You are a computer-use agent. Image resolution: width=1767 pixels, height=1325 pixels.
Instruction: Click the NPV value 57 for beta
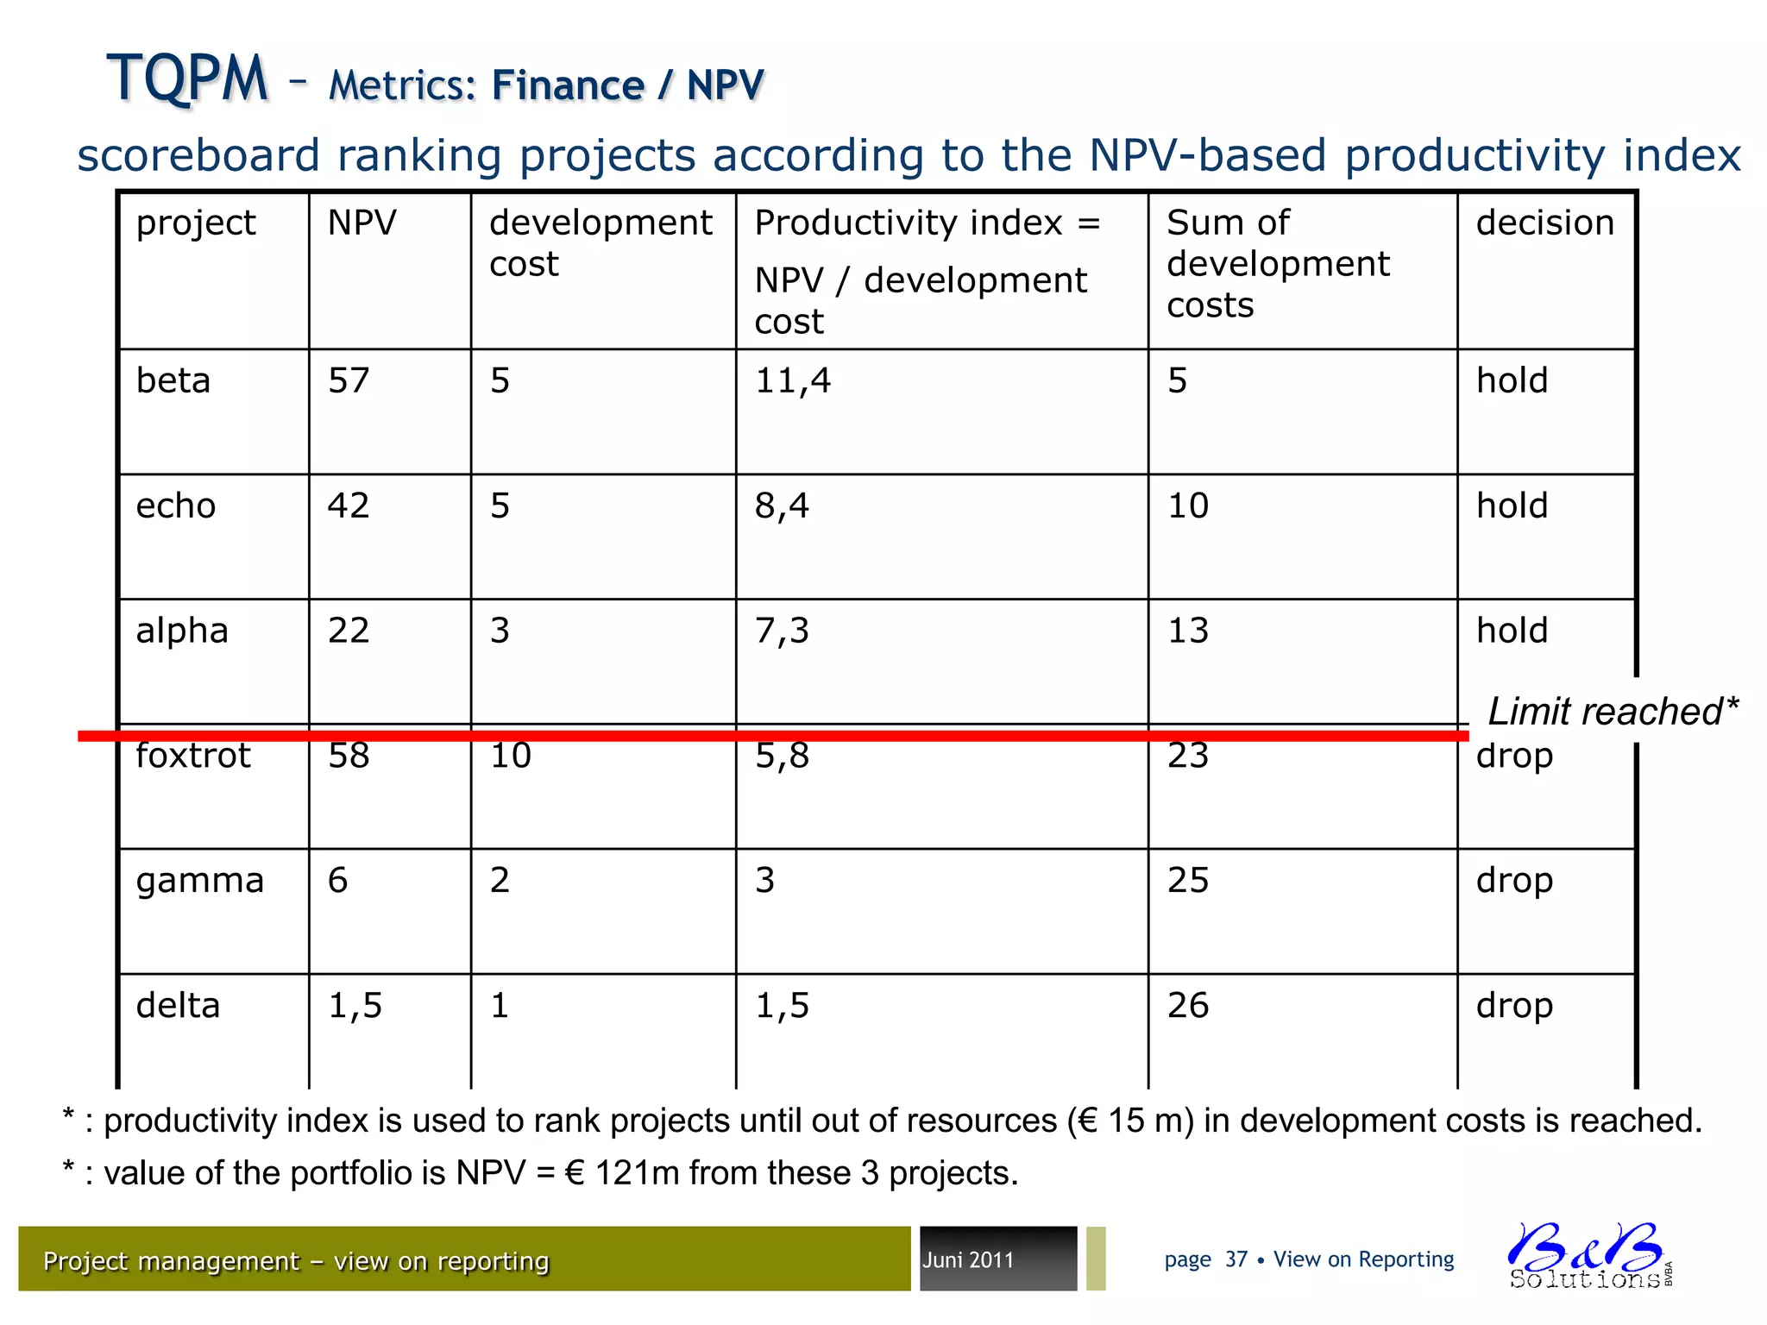tap(349, 380)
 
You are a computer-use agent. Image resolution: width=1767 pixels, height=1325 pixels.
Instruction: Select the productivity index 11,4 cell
tap(792, 380)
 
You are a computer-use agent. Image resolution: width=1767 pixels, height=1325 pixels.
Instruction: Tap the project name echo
tap(176, 506)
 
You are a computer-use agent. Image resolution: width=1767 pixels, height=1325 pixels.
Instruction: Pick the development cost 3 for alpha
tap(500, 631)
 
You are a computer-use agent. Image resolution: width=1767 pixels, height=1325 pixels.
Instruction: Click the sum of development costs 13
tap(1187, 631)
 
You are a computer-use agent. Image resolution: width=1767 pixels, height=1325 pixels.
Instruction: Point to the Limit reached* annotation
tap(1613, 712)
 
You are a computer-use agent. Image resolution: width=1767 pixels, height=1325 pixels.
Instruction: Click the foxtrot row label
tap(193, 757)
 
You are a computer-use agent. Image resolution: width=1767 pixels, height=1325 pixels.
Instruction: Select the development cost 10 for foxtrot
tap(510, 757)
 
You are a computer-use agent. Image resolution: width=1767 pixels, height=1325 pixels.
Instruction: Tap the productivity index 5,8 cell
tap(782, 757)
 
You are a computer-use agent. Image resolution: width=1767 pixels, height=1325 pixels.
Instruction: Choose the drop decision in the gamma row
tap(1514, 881)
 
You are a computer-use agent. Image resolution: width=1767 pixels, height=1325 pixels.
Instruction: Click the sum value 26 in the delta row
tap(1187, 1006)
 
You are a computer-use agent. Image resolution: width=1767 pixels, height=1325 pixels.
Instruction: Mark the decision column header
tap(1544, 223)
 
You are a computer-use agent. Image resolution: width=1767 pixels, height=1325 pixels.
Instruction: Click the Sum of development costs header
tap(1277, 263)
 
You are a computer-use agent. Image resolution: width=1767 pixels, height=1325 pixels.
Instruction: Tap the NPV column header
tap(362, 223)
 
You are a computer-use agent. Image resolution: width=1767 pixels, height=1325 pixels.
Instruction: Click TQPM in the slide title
tap(187, 78)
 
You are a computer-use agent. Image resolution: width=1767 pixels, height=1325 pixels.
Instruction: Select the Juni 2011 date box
tap(997, 1259)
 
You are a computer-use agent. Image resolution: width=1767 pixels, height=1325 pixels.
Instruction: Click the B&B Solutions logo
tap(1588, 1257)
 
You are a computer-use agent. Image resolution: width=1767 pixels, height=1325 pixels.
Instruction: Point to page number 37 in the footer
tap(1236, 1259)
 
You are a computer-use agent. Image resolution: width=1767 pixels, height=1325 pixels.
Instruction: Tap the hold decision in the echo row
tap(1512, 506)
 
